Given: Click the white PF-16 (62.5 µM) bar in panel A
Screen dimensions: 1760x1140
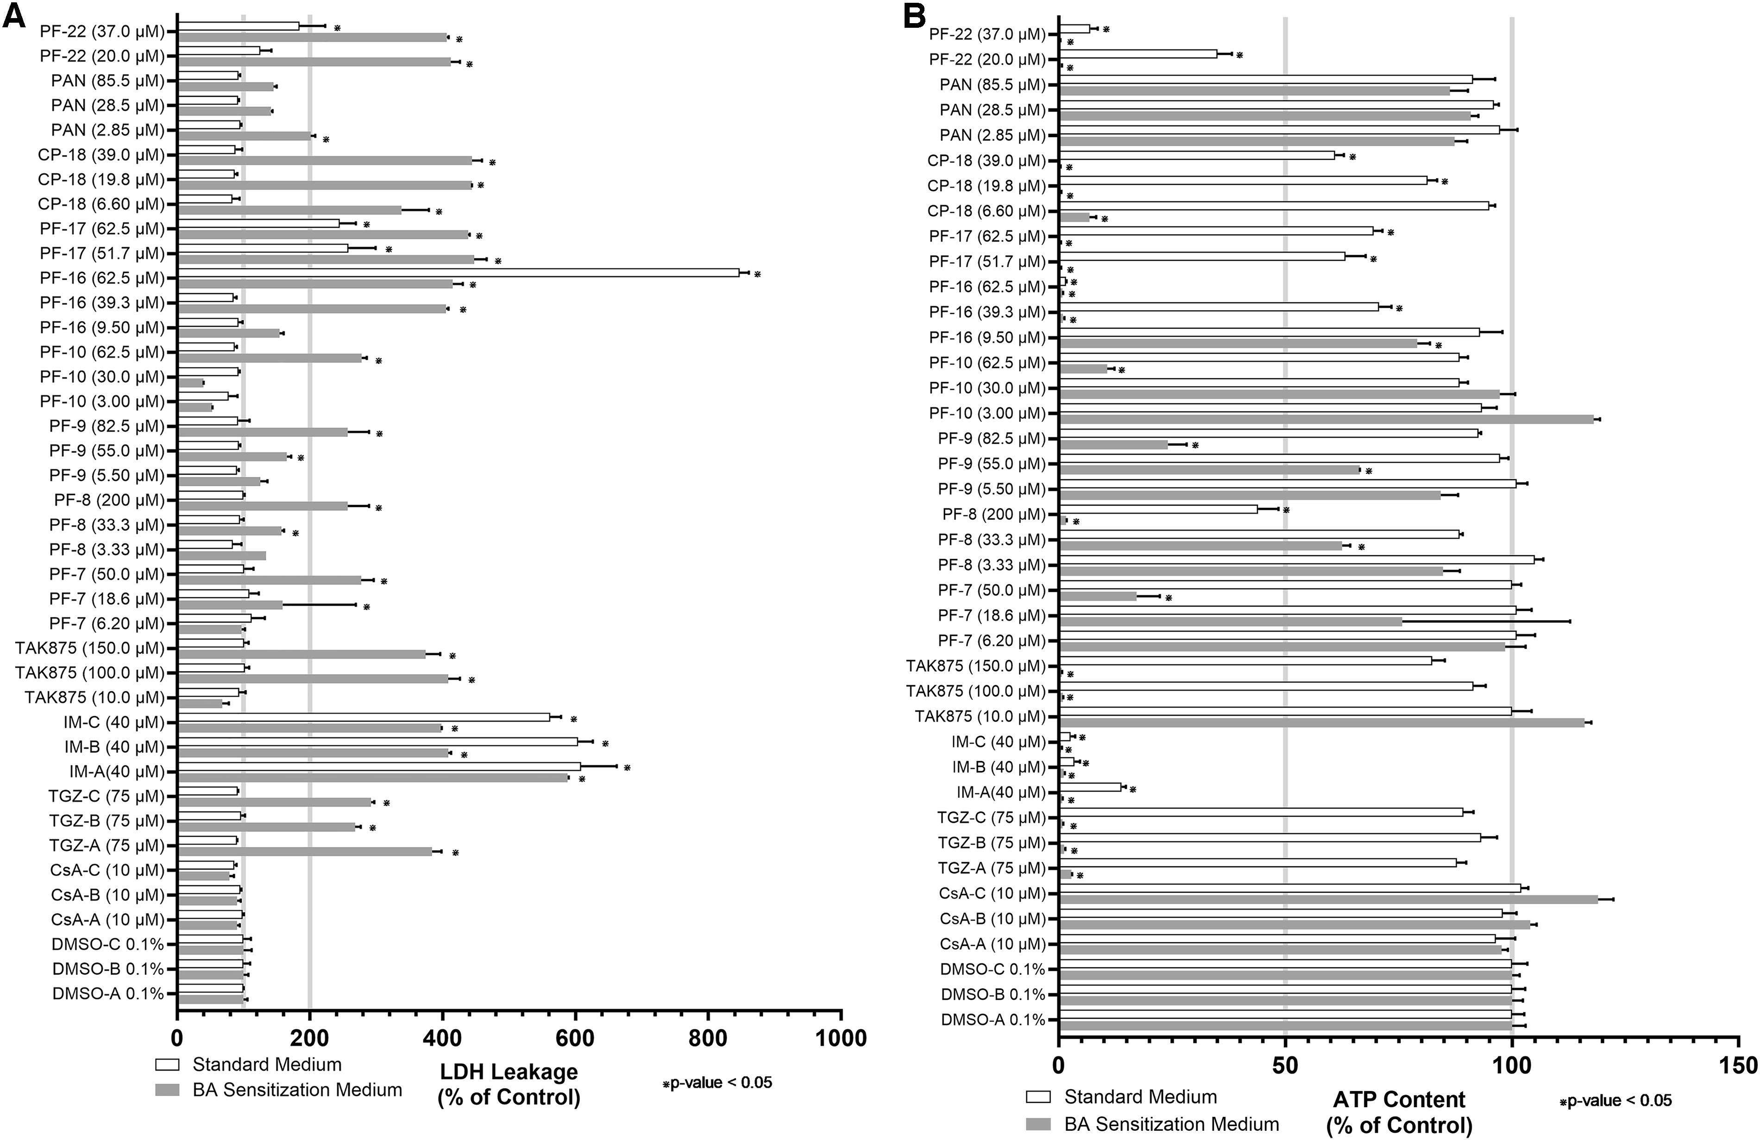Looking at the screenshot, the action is point(459,273).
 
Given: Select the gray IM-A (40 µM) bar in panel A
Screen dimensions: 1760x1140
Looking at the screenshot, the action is point(373,778).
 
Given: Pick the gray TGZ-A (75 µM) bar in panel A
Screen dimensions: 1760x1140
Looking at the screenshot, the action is point(305,852).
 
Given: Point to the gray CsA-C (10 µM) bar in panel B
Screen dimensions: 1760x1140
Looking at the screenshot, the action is point(1329,899).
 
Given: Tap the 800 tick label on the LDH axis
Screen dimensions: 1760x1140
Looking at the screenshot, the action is point(708,1039).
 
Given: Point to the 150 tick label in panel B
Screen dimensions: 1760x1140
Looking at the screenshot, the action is point(1737,1066).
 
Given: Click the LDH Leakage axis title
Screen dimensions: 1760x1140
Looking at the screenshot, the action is point(509,1084).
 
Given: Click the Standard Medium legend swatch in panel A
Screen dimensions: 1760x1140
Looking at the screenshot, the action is point(167,1065).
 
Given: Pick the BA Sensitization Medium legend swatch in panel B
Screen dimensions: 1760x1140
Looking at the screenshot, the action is point(1038,1124).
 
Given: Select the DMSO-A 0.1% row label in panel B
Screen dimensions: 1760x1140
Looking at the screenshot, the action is point(993,1020).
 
